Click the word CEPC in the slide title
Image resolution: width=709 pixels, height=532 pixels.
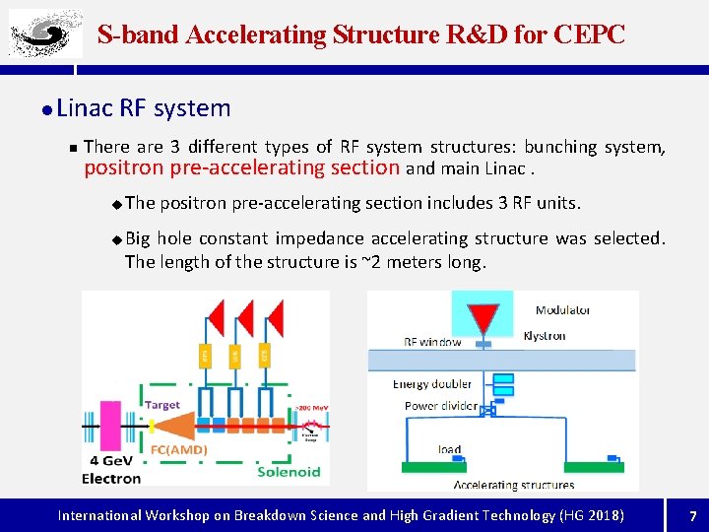[x=589, y=35]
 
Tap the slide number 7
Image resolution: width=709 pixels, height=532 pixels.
[x=692, y=515]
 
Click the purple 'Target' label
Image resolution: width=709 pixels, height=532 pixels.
[x=161, y=403]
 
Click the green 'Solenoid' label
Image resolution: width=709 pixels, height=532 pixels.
[x=288, y=472]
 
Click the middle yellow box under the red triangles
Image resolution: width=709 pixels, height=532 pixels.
[x=235, y=354]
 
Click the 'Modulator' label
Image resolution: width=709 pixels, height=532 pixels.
[x=563, y=310]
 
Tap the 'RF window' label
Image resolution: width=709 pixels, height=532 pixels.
[x=432, y=343]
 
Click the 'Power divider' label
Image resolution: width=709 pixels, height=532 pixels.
[x=440, y=406]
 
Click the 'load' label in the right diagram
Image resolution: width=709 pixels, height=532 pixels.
[x=449, y=449]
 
